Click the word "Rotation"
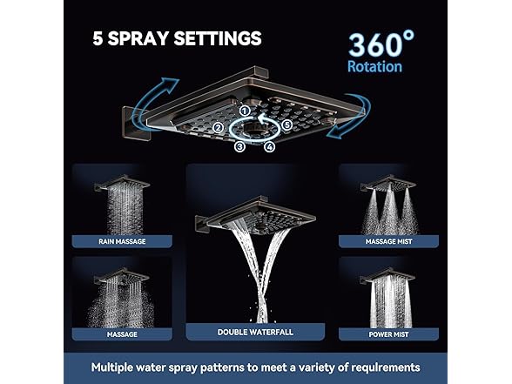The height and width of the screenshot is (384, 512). pos(374,67)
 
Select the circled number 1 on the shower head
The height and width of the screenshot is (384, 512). pos(246,111)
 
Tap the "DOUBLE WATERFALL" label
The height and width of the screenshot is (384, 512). pos(255,332)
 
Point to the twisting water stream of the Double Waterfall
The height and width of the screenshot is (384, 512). pos(261,279)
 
